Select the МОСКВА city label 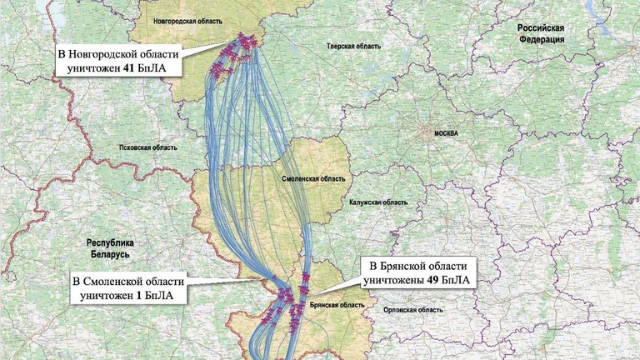437,133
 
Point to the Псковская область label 147,147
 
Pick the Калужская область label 379,202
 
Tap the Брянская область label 337,306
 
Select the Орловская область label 412,309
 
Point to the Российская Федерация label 541,33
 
